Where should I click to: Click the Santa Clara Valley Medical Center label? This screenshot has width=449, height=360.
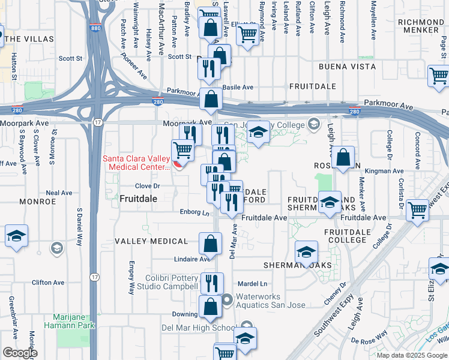tap(136, 163)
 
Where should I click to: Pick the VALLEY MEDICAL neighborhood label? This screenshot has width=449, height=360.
tap(151, 241)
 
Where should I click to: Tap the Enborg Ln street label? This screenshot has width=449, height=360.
tap(194, 212)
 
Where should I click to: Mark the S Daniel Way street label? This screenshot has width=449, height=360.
tap(79, 227)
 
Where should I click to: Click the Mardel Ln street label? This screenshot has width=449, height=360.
tap(252, 284)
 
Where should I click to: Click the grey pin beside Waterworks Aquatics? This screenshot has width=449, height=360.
tap(227, 299)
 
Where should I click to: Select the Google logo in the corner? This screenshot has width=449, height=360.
tap(20, 353)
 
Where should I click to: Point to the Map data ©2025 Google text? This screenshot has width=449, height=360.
tap(412, 355)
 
